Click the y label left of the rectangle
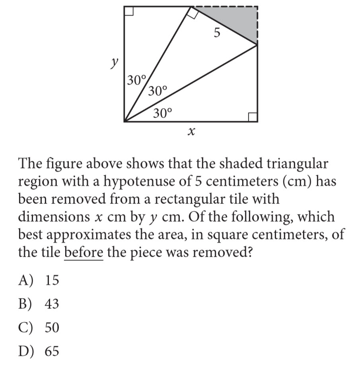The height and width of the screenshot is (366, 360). pos(115,63)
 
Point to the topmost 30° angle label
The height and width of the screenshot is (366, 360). pos(137,80)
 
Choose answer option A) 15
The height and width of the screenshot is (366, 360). pos(39,281)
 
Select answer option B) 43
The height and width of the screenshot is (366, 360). pos(39,304)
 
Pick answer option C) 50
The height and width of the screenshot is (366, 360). pos(39,328)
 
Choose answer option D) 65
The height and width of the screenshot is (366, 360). pos(39,352)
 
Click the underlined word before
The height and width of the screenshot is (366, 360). pos(84,252)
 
